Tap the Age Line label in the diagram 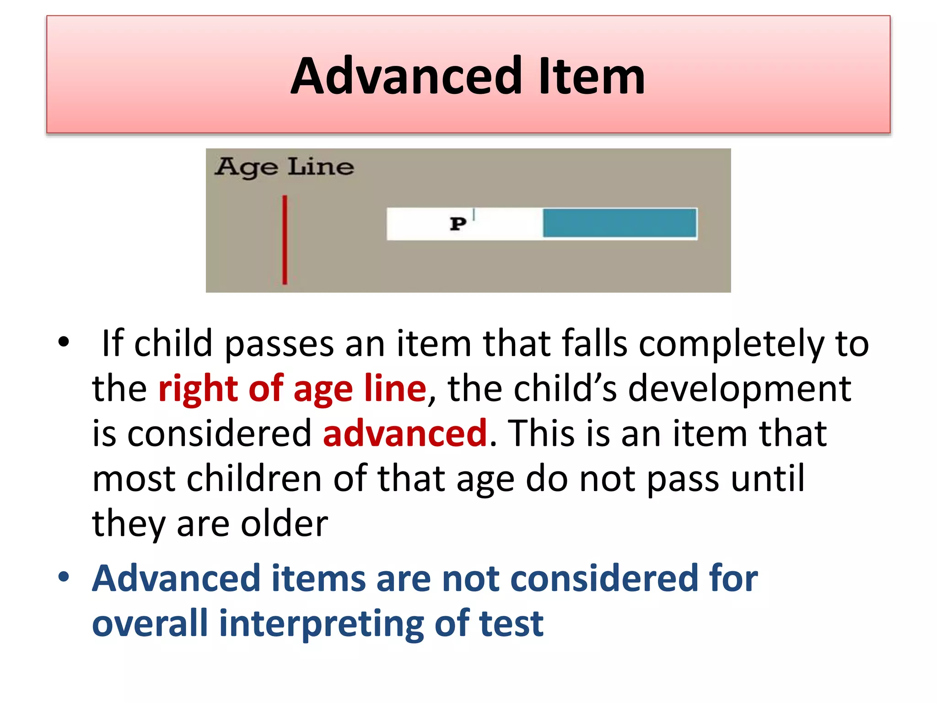click(x=284, y=167)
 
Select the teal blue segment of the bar click(x=619, y=223)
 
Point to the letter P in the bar click(x=458, y=224)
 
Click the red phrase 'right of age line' click(x=292, y=388)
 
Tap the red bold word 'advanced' click(x=405, y=433)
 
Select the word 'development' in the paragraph click(x=739, y=388)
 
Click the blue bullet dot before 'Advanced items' click(x=64, y=577)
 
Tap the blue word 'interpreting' click(x=322, y=623)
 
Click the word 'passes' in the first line click(x=279, y=343)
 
